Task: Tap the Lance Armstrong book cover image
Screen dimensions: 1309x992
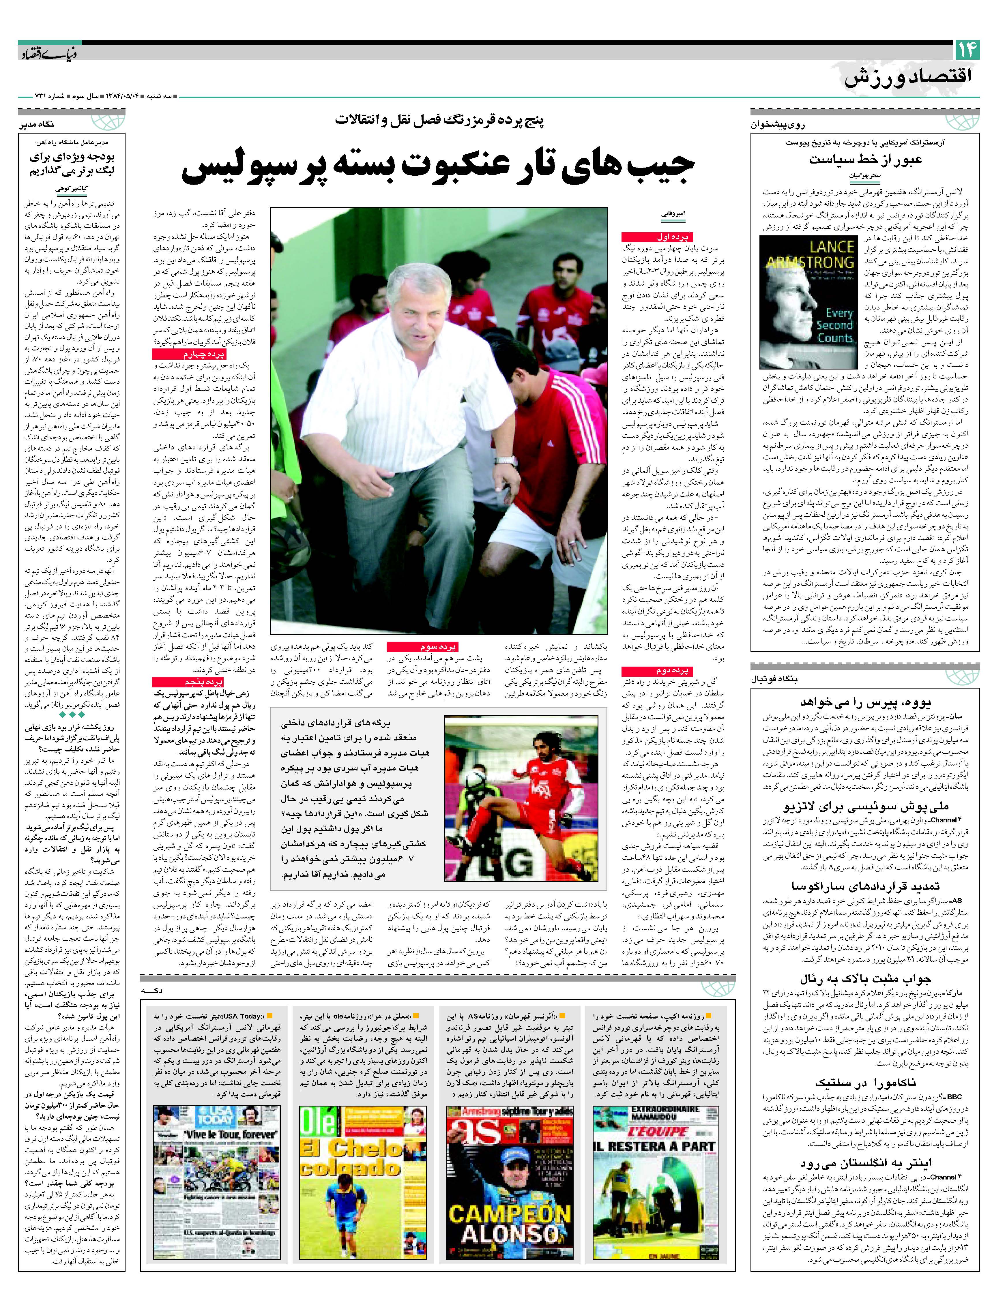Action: click(x=808, y=303)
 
